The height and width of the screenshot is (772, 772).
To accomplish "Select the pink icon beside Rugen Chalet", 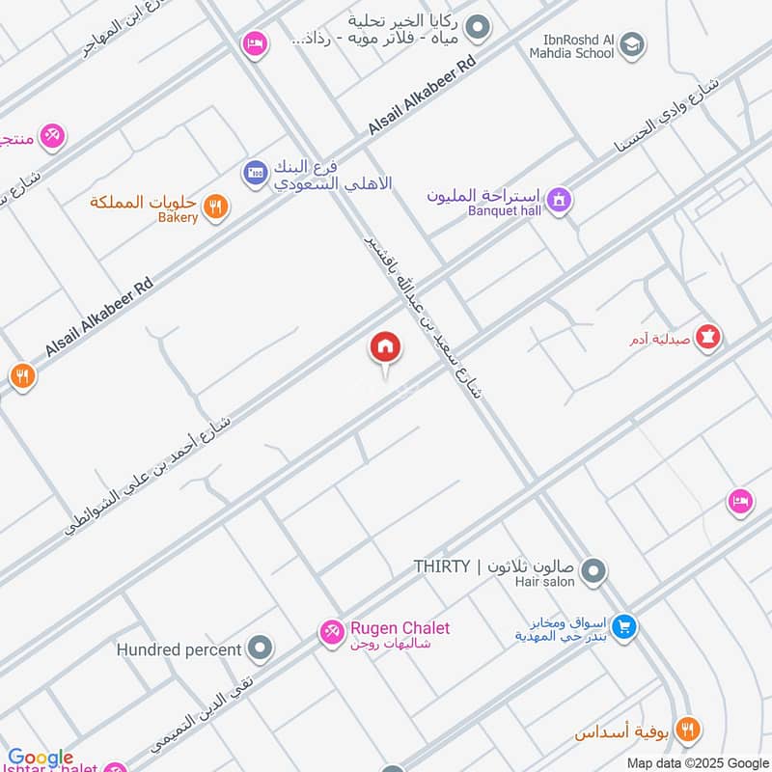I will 331,631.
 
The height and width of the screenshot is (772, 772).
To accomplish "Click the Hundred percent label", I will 179,649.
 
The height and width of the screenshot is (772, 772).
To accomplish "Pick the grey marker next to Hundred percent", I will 259,648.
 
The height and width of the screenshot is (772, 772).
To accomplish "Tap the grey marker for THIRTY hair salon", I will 593,571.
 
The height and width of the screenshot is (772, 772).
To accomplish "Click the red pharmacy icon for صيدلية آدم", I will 711,338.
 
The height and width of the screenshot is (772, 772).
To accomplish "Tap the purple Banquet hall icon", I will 558,201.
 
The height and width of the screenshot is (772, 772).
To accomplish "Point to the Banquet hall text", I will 506,209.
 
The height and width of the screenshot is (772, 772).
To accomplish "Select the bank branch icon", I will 256,173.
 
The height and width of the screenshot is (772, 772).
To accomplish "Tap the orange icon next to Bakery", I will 216,206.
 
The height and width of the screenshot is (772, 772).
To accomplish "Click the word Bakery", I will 178,218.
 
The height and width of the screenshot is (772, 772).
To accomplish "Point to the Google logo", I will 41,758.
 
